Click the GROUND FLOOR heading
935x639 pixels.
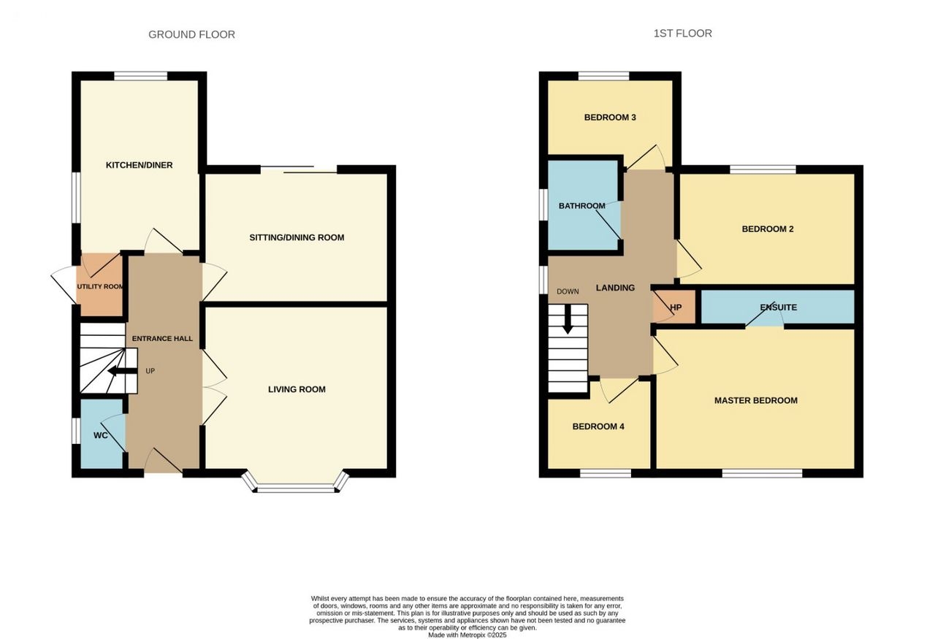click(x=191, y=34)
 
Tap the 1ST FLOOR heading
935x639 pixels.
click(x=682, y=34)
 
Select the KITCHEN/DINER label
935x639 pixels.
click(x=139, y=165)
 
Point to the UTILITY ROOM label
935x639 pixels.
click(x=100, y=287)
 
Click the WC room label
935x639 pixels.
click(x=101, y=436)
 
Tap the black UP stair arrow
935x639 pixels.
click(x=122, y=371)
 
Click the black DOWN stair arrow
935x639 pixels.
click(x=568, y=319)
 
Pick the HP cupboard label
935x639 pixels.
click(x=676, y=307)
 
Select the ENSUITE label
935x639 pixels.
click(x=779, y=307)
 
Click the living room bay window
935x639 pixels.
click(x=297, y=488)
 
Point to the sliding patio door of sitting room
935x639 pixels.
click(x=299, y=169)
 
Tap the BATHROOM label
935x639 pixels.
click(x=582, y=206)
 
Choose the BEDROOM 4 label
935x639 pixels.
click(x=598, y=426)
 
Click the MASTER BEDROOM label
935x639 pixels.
click(x=756, y=401)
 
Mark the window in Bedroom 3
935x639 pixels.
click(x=603, y=76)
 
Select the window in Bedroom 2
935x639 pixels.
click(x=763, y=169)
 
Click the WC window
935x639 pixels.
click(x=76, y=431)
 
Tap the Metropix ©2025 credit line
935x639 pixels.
click(x=467, y=635)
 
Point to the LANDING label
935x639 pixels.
click(x=615, y=288)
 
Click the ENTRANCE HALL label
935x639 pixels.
click(x=162, y=339)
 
